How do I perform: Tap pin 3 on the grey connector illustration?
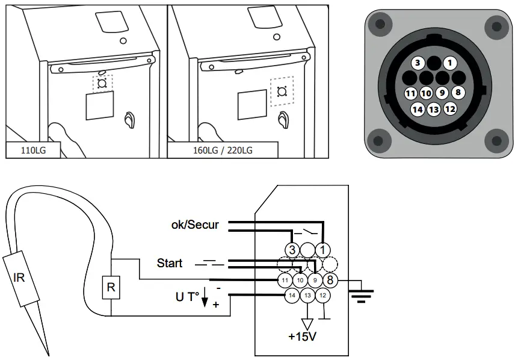click(x=418, y=63)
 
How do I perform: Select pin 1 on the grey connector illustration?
click(x=448, y=63)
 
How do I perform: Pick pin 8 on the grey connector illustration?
click(x=458, y=93)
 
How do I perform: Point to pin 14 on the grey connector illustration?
click(x=418, y=109)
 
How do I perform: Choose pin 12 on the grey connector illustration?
click(x=449, y=109)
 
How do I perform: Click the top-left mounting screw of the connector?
click(x=379, y=25)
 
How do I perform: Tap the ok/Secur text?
click(x=196, y=225)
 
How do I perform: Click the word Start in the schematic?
click(x=170, y=263)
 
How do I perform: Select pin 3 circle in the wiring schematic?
click(x=292, y=249)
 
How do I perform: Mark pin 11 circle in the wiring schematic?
click(x=285, y=280)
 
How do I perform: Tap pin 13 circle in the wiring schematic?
click(x=307, y=295)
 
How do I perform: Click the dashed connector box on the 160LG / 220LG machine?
click(x=280, y=92)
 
